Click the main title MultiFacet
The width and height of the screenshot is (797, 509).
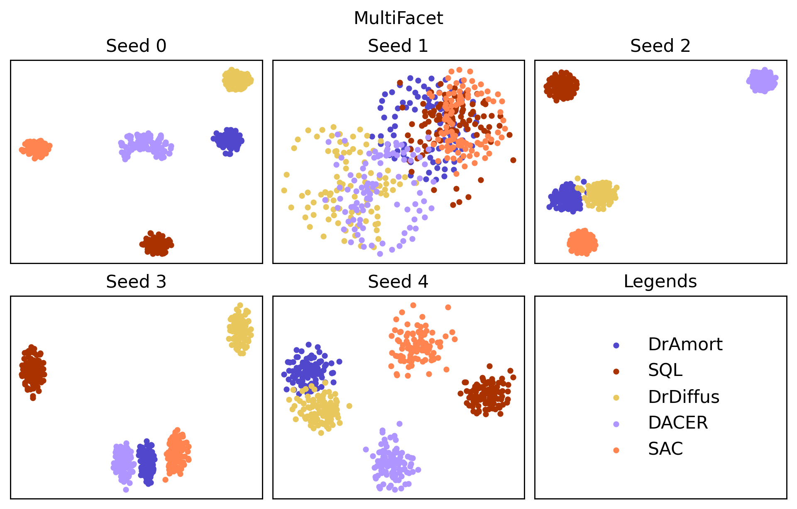398,18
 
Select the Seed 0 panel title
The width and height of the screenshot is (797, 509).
136,46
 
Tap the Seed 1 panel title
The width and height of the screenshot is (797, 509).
398,46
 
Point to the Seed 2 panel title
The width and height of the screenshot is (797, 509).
660,46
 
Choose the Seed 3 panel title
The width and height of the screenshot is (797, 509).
136,282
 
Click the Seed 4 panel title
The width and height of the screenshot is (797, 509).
398,282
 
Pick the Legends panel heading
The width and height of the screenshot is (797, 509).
660,281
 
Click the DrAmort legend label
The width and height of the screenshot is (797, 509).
685,344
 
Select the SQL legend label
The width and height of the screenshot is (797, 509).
665,370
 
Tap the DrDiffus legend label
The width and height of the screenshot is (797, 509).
684,397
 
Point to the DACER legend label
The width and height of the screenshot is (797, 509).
678,423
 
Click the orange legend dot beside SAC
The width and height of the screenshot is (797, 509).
616,450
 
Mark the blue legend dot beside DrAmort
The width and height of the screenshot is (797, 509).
616,345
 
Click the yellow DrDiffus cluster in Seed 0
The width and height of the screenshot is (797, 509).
237,80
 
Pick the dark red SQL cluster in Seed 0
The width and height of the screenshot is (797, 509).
156,244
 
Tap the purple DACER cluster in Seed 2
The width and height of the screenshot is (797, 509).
763,81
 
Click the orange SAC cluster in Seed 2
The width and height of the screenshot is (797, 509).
582,242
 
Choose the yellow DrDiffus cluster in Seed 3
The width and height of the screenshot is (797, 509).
240,330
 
